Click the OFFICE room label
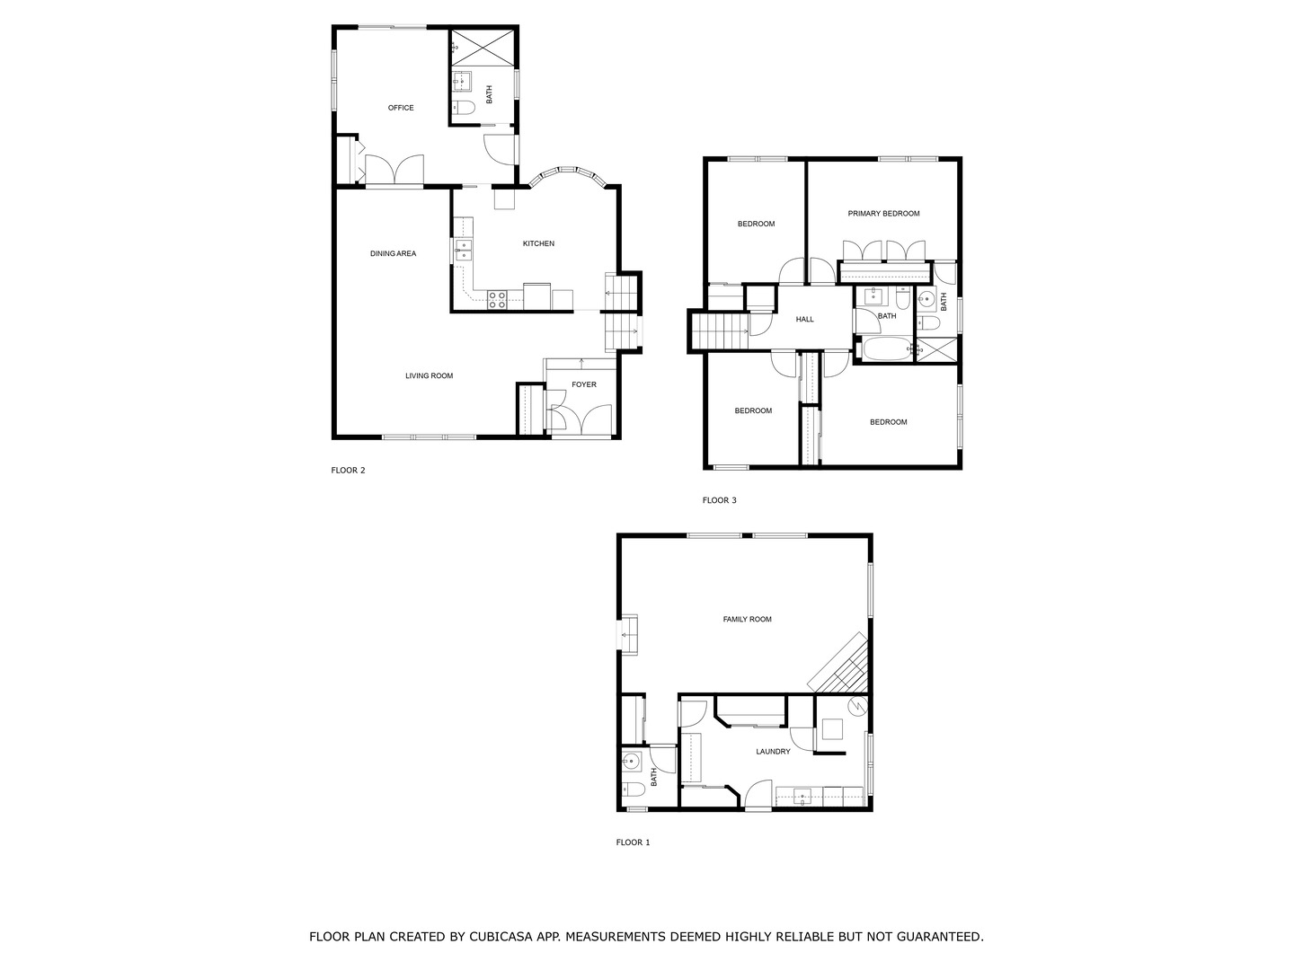401,108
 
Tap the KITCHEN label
538,243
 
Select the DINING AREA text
393,253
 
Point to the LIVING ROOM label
429,375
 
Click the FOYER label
584,384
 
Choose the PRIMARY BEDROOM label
883,214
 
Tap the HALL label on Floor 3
804,319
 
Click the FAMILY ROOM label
747,619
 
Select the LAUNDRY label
773,751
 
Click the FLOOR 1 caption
633,842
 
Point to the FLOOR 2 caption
348,470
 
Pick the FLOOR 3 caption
719,500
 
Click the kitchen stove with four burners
498,300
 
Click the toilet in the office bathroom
463,110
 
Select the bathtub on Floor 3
886,349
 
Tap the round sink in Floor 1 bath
631,763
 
